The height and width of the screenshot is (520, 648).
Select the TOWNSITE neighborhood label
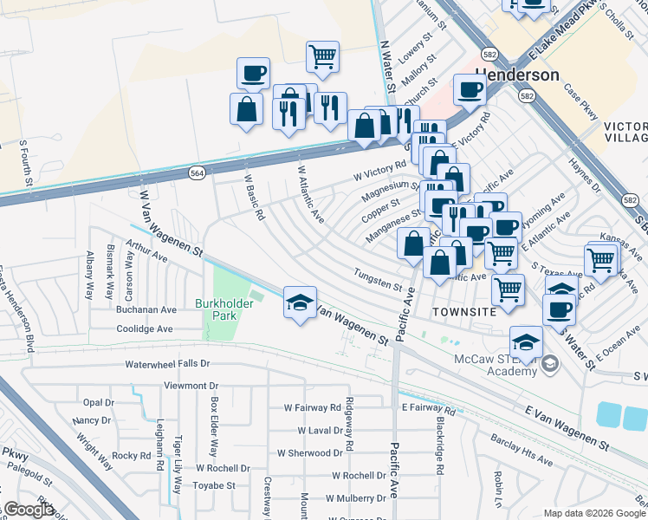465,311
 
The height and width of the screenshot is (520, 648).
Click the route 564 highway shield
198,173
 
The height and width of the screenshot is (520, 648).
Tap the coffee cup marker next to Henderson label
470,89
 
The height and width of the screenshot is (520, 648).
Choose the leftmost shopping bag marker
246,109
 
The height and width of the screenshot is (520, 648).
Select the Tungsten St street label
379,280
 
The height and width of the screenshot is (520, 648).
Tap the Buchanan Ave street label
147,309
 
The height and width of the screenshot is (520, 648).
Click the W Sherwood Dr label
310,452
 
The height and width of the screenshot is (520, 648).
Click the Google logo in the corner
29,510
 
